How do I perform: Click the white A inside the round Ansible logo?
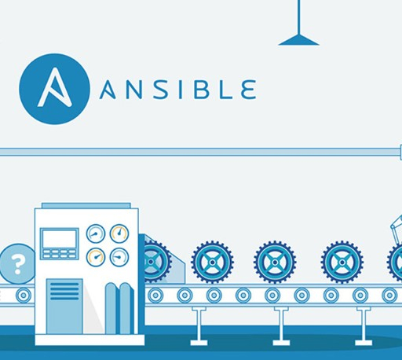[54, 88]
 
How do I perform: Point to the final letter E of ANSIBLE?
[248, 90]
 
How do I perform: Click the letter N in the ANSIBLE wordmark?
[134, 90]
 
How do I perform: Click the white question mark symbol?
[17, 264]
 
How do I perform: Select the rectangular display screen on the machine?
[59, 238]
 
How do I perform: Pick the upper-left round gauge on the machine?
[96, 233]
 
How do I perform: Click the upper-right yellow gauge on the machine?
[119, 233]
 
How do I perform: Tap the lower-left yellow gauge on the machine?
[96, 257]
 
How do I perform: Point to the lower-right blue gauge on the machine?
[119, 257]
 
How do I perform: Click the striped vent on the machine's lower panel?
[64, 291]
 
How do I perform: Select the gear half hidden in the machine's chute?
[155, 262]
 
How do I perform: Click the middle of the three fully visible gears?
[275, 262]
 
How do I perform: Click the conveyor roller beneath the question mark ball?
[24, 296]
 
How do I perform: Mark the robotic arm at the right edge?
[397, 230]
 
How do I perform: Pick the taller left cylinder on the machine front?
[111, 308]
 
